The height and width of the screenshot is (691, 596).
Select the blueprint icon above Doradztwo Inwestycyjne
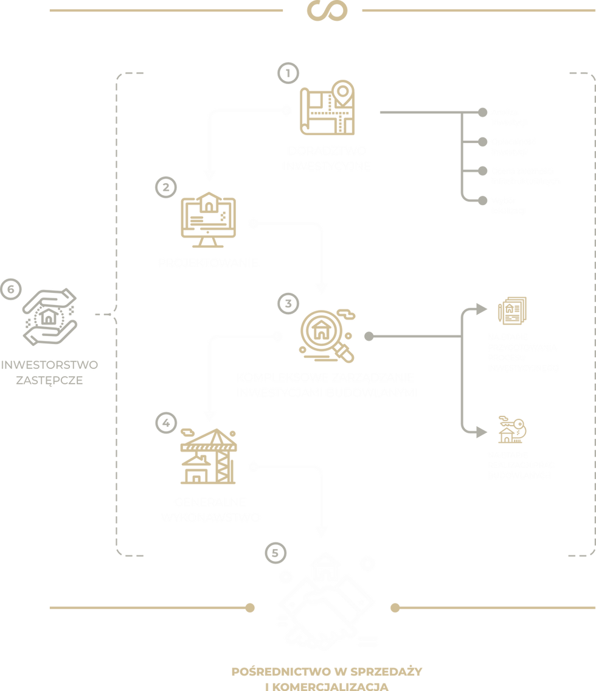pyautogui.click(x=327, y=110)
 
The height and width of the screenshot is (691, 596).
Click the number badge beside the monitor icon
pyautogui.click(x=164, y=186)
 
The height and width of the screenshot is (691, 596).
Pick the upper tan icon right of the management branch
pyautogui.click(x=512, y=309)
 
